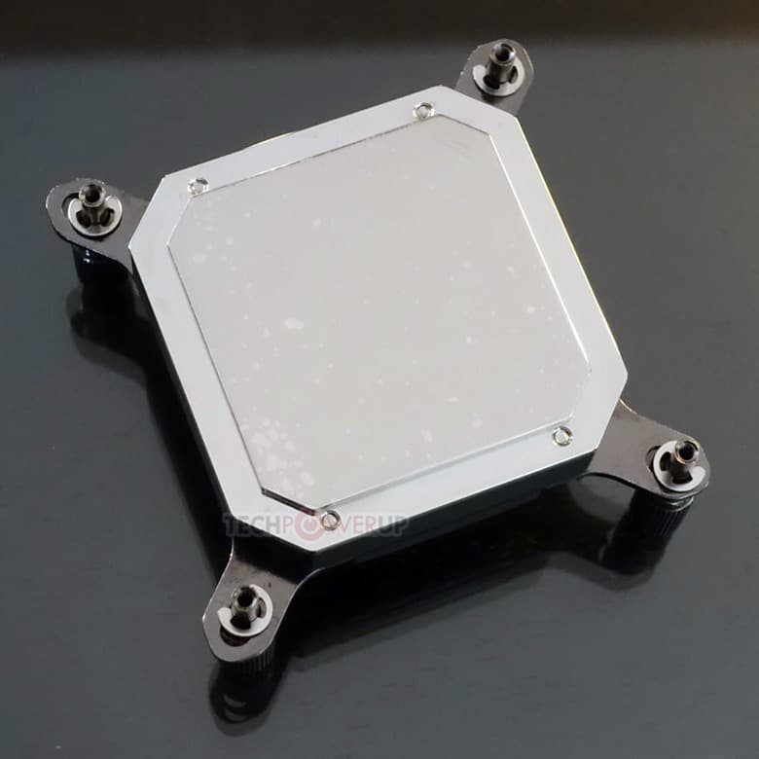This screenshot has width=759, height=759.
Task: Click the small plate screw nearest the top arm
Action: pyautogui.click(x=420, y=111)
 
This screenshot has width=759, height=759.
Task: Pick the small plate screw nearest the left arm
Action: pyautogui.click(x=198, y=185)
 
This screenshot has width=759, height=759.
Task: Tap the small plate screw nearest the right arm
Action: pyautogui.click(x=561, y=435)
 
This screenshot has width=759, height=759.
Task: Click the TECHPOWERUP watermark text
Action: pyautogui.click(x=316, y=525)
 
